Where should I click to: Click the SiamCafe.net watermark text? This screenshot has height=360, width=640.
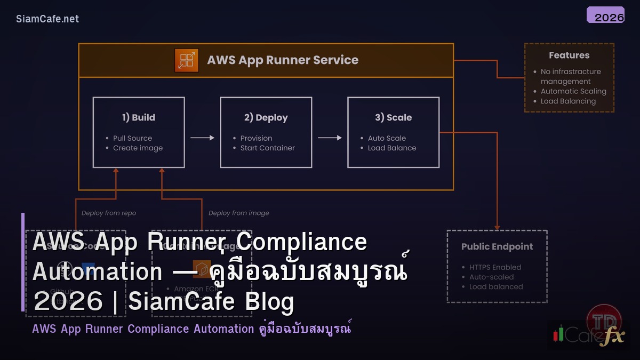[47, 19]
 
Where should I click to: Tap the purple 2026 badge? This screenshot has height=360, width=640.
[605, 15]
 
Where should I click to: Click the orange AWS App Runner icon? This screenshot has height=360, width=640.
[186, 60]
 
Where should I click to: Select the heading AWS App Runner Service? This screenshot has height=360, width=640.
[283, 60]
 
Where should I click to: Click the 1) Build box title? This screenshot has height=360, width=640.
[139, 117]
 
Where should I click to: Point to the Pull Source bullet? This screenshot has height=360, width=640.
[132, 138]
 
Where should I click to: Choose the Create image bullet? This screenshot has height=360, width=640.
[138, 148]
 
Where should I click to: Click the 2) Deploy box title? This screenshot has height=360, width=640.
[266, 117]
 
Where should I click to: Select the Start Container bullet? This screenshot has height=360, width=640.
[267, 148]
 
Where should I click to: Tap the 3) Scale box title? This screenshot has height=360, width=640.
[393, 117]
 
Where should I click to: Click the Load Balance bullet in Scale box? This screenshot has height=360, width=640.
[391, 148]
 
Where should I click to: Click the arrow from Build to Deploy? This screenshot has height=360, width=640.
[202, 138]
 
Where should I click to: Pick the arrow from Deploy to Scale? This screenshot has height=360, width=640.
[330, 138]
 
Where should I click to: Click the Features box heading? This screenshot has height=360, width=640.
[569, 55]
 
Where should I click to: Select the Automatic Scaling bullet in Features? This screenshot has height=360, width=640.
[573, 91]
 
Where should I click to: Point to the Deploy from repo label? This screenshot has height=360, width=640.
[109, 213]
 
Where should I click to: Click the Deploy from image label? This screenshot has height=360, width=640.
[238, 213]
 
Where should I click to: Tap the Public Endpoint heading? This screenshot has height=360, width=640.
[497, 247]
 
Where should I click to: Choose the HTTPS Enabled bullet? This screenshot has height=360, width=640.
[495, 267]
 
